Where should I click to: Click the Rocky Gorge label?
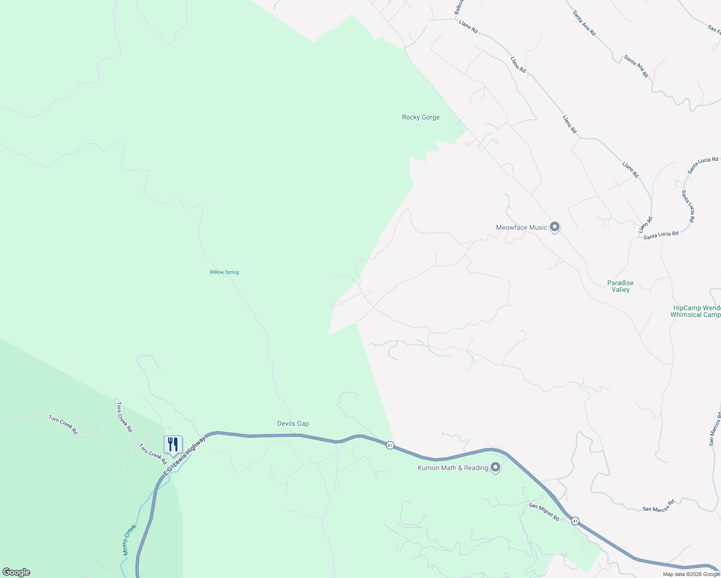point(421,117)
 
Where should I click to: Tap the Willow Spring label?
point(224,272)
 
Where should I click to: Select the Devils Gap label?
point(293,423)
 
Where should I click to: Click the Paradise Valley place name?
point(620,286)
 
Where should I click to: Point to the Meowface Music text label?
point(521,227)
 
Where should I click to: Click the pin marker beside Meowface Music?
point(555,227)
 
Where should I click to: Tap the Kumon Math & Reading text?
point(453,468)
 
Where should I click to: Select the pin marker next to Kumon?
point(495,467)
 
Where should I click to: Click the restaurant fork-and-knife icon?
point(173,445)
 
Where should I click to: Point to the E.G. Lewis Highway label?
point(185,456)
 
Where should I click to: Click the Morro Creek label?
point(130,539)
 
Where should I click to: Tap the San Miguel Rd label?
point(544,512)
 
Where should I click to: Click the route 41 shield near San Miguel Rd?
point(575,521)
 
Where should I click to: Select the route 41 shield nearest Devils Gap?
point(390,446)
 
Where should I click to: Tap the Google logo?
point(16,572)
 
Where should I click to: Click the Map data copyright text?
point(691,574)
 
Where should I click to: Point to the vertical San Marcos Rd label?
point(714,429)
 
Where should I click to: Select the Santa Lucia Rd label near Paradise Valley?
point(661,235)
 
